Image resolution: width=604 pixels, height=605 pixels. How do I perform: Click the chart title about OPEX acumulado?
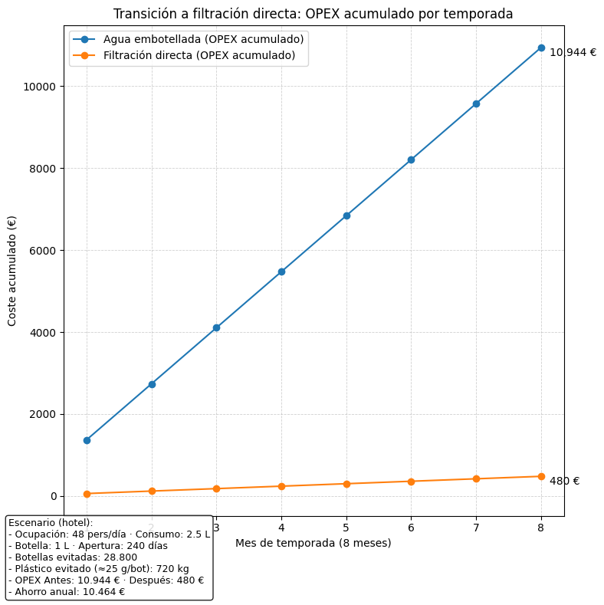(x=313, y=14)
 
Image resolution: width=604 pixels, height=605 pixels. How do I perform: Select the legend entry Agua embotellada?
(x=203, y=39)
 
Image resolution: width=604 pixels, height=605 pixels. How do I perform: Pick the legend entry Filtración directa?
(x=199, y=55)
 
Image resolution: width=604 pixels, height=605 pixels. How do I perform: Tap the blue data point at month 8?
(x=541, y=48)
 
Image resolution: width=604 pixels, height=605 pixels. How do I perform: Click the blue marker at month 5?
(x=346, y=215)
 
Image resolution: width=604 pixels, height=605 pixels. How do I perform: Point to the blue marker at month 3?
(x=216, y=327)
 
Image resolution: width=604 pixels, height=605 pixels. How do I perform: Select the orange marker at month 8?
(x=541, y=476)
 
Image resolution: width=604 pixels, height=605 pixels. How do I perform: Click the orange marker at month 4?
(x=281, y=486)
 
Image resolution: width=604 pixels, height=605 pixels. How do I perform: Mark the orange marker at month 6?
(x=411, y=482)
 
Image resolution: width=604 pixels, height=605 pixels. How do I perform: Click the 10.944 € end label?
(x=573, y=53)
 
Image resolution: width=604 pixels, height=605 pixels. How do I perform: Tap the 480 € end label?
(x=564, y=481)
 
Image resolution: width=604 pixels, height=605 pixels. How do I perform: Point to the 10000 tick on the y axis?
(x=43, y=87)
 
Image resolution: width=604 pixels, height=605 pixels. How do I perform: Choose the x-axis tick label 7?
(x=476, y=528)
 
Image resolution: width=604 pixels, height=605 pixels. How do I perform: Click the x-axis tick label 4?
(x=281, y=528)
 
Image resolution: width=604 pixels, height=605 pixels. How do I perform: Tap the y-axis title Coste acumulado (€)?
(x=12, y=271)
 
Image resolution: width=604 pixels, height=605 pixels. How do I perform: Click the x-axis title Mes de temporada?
(x=313, y=543)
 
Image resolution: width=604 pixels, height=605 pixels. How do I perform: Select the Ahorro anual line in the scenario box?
(x=67, y=592)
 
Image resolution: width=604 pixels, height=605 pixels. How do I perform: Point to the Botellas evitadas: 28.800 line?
(x=73, y=557)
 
